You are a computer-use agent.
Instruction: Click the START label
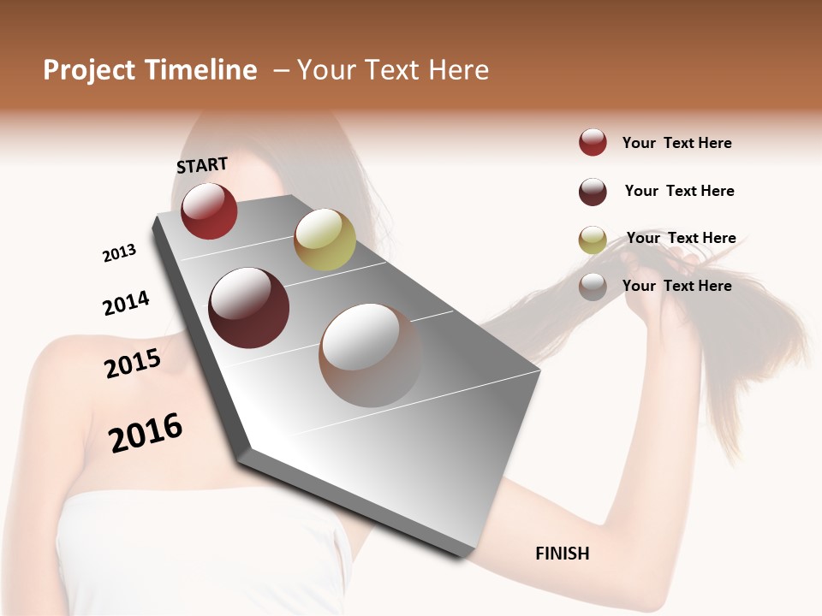(202, 165)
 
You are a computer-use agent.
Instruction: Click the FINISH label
(562, 554)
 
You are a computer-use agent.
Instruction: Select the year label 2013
(119, 253)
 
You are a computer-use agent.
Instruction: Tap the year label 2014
(126, 304)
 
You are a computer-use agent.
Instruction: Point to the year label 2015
(133, 363)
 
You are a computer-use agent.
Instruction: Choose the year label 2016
(146, 433)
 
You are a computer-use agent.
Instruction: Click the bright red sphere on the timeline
(209, 210)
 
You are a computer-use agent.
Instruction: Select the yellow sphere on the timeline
(325, 240)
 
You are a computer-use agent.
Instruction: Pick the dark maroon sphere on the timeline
(249, 308)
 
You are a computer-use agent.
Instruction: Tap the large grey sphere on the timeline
(370, 355)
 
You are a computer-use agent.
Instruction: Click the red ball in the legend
(593, 143)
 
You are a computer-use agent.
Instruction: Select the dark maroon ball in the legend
(593, 192)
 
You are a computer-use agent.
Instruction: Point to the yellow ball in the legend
(593, 240)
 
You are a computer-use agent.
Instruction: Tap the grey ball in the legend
(593, 287)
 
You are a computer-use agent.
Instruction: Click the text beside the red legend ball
(676, 143)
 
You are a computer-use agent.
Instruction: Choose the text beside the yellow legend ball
(681, 238)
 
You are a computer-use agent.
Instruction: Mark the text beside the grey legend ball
(676, 286)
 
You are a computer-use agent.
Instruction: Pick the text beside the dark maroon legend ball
(679, 191)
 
